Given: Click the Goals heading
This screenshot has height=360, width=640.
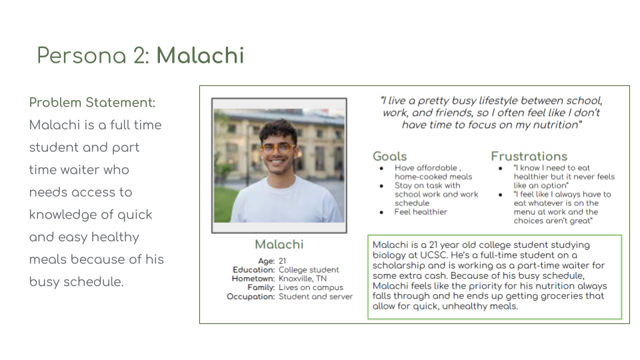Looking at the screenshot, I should (x=389, y=157).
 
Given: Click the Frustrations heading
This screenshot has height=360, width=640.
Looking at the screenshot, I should (x=529, y=157).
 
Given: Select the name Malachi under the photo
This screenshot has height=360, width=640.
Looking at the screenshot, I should (x=279, y=244).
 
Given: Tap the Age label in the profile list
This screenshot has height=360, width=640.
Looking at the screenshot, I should (x=266, y=261).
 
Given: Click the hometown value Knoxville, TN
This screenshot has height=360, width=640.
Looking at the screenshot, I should (x=303, y=279).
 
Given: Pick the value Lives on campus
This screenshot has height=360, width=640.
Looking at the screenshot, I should (x=311, y=287).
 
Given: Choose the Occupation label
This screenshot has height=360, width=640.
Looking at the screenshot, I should (x=251, y=297).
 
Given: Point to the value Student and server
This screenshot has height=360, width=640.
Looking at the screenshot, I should (x=315, y=297).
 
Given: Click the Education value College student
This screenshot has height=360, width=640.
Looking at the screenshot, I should (x=309, y=270).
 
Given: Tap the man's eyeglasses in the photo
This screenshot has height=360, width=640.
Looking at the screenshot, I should (x=279, y=148).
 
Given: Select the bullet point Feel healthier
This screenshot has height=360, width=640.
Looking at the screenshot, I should (x=421, y=212).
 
